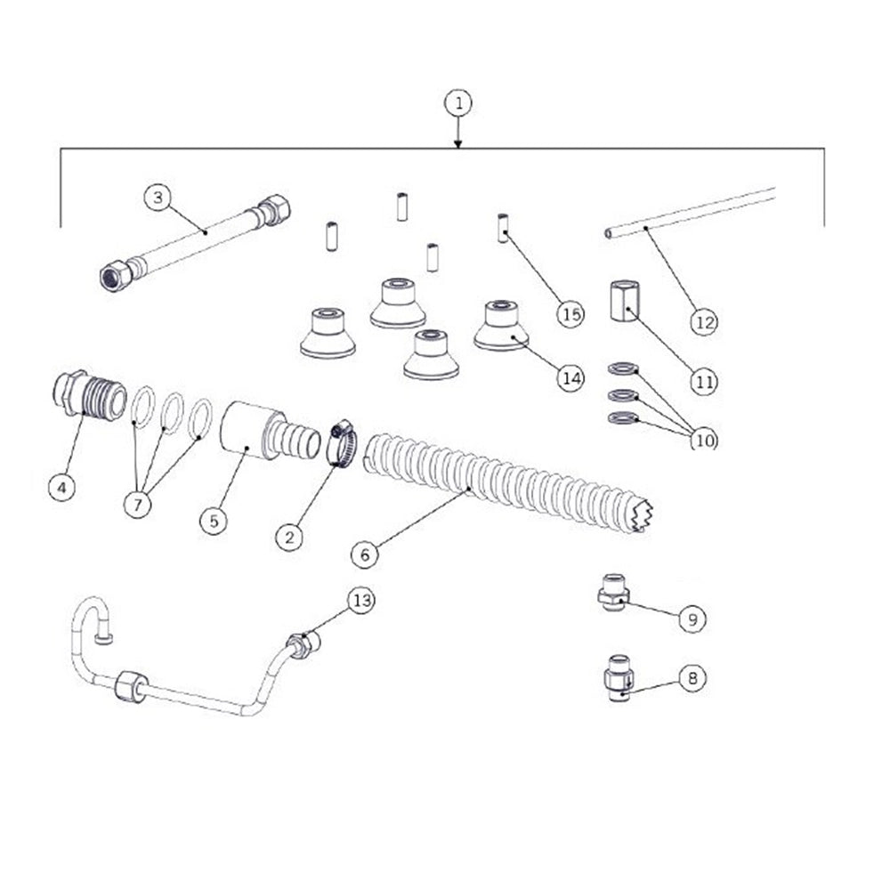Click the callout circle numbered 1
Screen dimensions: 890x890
pos(458,103)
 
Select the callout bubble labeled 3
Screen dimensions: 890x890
pos(158,198)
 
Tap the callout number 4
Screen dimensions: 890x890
pos(61,487)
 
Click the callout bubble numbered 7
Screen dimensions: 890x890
pos(139,503)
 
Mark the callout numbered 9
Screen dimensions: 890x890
pos(692,619)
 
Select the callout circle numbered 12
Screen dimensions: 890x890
pos(704,320)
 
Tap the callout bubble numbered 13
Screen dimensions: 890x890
pos(360,601)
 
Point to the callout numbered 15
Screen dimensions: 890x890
pos(570,313)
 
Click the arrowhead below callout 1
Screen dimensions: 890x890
pos(458,142)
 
